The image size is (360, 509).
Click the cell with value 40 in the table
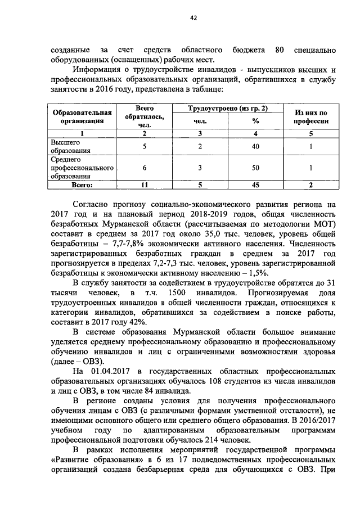(x=255, y=147)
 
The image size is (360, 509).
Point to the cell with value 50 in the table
(x=255, y=168)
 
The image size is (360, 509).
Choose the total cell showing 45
(x=255, y=184)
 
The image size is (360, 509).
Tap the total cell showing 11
(x=145, y=184)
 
